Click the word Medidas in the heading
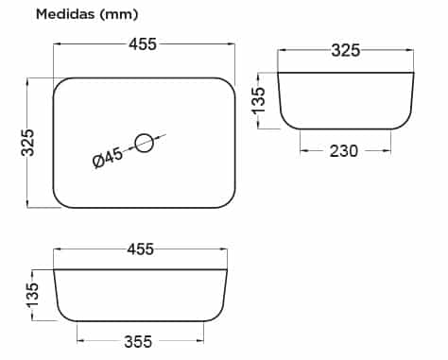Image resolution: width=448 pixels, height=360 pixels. click(65, 14)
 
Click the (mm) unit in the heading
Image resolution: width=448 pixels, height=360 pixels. click(118, 14)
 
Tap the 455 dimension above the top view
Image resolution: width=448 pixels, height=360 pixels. click(143, 44)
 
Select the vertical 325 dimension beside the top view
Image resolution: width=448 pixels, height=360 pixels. click(27, 143)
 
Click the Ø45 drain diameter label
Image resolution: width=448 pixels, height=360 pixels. click(108, 158)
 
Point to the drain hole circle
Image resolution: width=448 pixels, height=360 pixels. click(145, 134)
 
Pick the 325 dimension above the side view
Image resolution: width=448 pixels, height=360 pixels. click(345, 50)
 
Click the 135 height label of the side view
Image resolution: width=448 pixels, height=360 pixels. click(258, 100)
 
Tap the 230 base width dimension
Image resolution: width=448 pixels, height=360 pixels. click(344, 151)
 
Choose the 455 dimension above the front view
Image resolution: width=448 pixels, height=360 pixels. click(141, 249)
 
